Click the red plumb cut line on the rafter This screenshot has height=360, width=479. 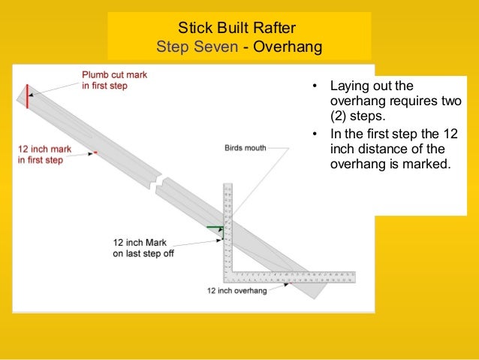(x=27, y=97)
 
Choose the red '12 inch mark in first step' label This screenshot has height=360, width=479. (x=44, y=155)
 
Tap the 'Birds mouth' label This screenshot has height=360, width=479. (x=246, y=148)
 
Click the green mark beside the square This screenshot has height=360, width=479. (x=215, y=227)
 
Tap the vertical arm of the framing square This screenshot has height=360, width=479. (x=229, y=225)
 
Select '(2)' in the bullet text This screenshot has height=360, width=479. (x=340, y=117)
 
